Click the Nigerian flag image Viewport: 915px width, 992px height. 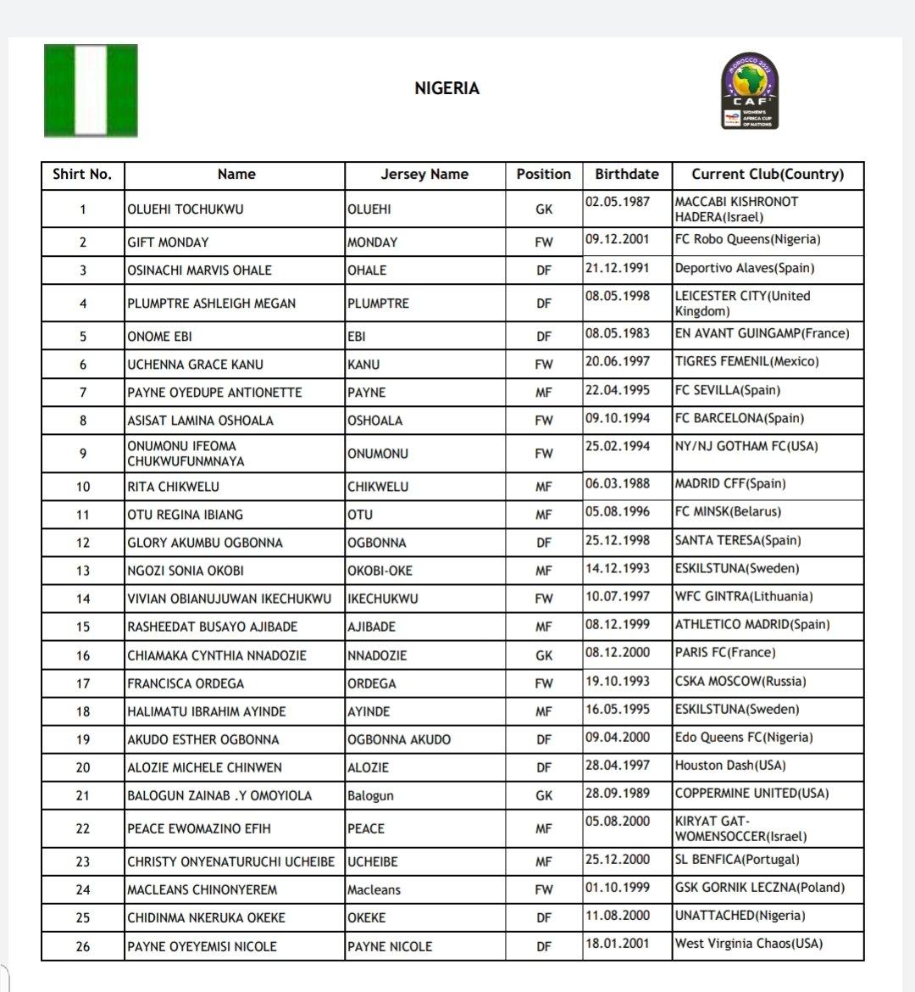[91, 91]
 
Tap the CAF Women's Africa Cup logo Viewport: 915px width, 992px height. [749, 91]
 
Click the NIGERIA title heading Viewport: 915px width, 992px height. [446, 88]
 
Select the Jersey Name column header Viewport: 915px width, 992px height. [424, 174]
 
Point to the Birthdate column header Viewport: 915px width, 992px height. [626, 174]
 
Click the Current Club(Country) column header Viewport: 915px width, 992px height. [768, 174]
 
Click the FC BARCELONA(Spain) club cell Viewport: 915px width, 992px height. [739, 418]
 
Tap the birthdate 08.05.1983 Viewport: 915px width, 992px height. [617, 333]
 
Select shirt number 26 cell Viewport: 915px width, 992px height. [82, 946]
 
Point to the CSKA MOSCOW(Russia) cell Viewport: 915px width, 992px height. [740, 681]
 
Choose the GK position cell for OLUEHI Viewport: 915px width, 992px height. [543, 209]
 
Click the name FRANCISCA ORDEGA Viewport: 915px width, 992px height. [186, 683]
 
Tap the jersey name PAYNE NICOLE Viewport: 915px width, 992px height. [389, 946]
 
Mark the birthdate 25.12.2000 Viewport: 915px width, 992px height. [617, 859]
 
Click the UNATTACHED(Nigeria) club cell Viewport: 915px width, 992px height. [740, 915]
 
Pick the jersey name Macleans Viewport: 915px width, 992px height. [374, 889]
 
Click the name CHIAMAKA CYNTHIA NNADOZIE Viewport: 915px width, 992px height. [217, 655]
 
